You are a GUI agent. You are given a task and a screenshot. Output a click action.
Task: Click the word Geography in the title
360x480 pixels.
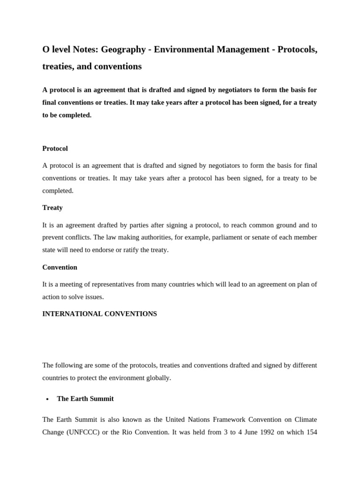point(124,50)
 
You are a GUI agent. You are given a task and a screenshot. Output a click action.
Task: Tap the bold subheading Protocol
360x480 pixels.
point(55,149)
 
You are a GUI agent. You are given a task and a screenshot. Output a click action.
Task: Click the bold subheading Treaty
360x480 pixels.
point(52,208)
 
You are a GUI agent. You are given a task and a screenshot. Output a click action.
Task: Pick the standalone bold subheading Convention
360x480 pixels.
point(60,267)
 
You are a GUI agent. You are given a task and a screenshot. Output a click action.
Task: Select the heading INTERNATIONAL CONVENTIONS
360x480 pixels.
point(99,314)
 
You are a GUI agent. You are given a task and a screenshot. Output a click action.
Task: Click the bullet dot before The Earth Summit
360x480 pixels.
point(47,399)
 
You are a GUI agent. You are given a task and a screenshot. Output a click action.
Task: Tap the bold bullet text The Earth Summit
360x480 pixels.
point(85,399)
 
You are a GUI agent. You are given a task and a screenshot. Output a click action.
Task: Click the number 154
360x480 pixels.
point(311,432)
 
